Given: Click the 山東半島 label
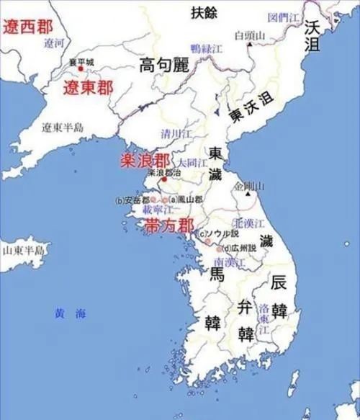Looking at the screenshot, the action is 22,250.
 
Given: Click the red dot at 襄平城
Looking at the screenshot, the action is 81,68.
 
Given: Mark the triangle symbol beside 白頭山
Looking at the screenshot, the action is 248,45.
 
